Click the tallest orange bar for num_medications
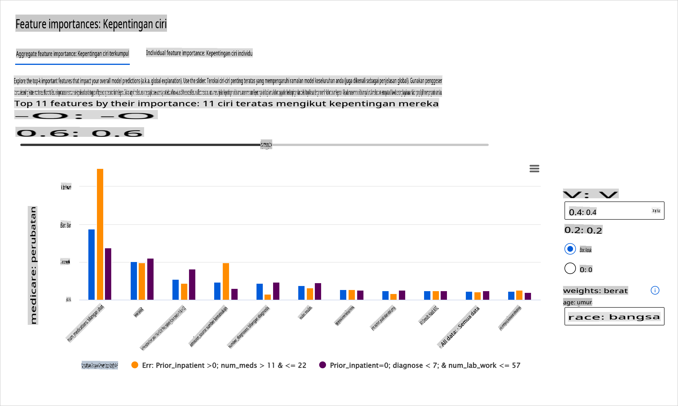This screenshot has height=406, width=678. coord(100,234)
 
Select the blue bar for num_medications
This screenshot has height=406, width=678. coord(92,264)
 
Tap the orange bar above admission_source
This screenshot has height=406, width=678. coord(226,281)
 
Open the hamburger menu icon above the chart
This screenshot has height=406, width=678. coord(534,169)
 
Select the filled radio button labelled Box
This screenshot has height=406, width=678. coord(570,249)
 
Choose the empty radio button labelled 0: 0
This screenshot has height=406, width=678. coord(570,269)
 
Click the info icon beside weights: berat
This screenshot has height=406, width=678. coord(655,290)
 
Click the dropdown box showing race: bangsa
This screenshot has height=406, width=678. coord(614,316)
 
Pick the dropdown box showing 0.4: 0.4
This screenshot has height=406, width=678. coord(614,211)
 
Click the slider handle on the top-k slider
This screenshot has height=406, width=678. coord(266,145)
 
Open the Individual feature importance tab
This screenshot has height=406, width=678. coord(199,53)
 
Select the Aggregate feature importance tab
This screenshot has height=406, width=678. coord(72,54)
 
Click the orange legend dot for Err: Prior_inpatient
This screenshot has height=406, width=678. coord(135,365)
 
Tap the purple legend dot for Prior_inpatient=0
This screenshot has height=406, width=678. coord(323,365)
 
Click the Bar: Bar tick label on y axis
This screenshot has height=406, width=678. coord(65,225)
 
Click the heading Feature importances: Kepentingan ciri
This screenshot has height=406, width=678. coord(91,24)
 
